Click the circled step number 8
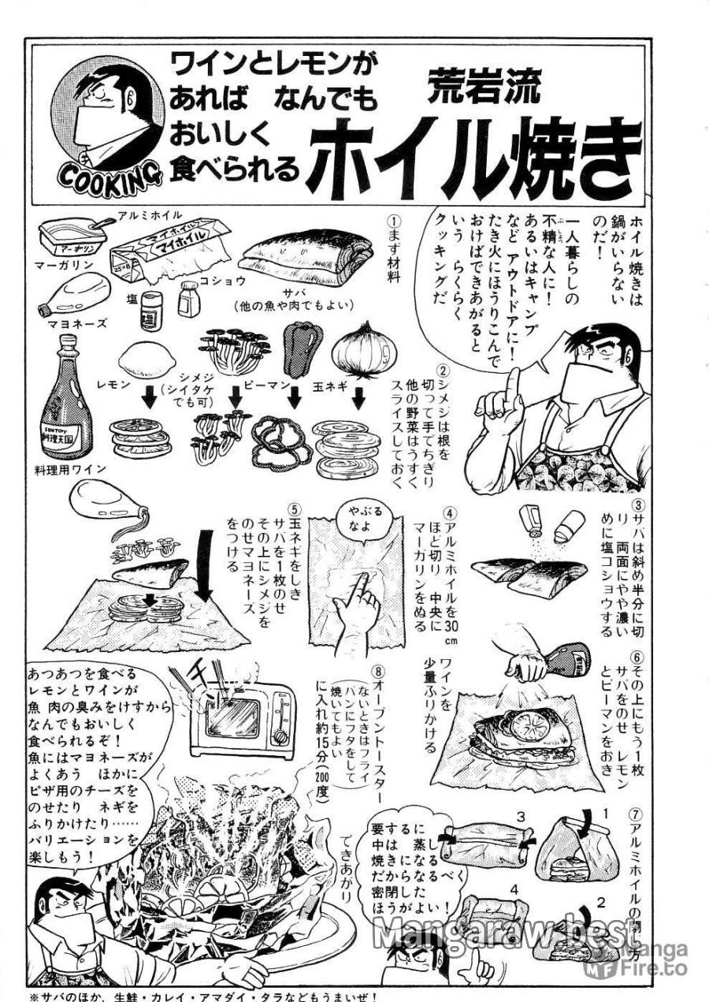tap(379, 672)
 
